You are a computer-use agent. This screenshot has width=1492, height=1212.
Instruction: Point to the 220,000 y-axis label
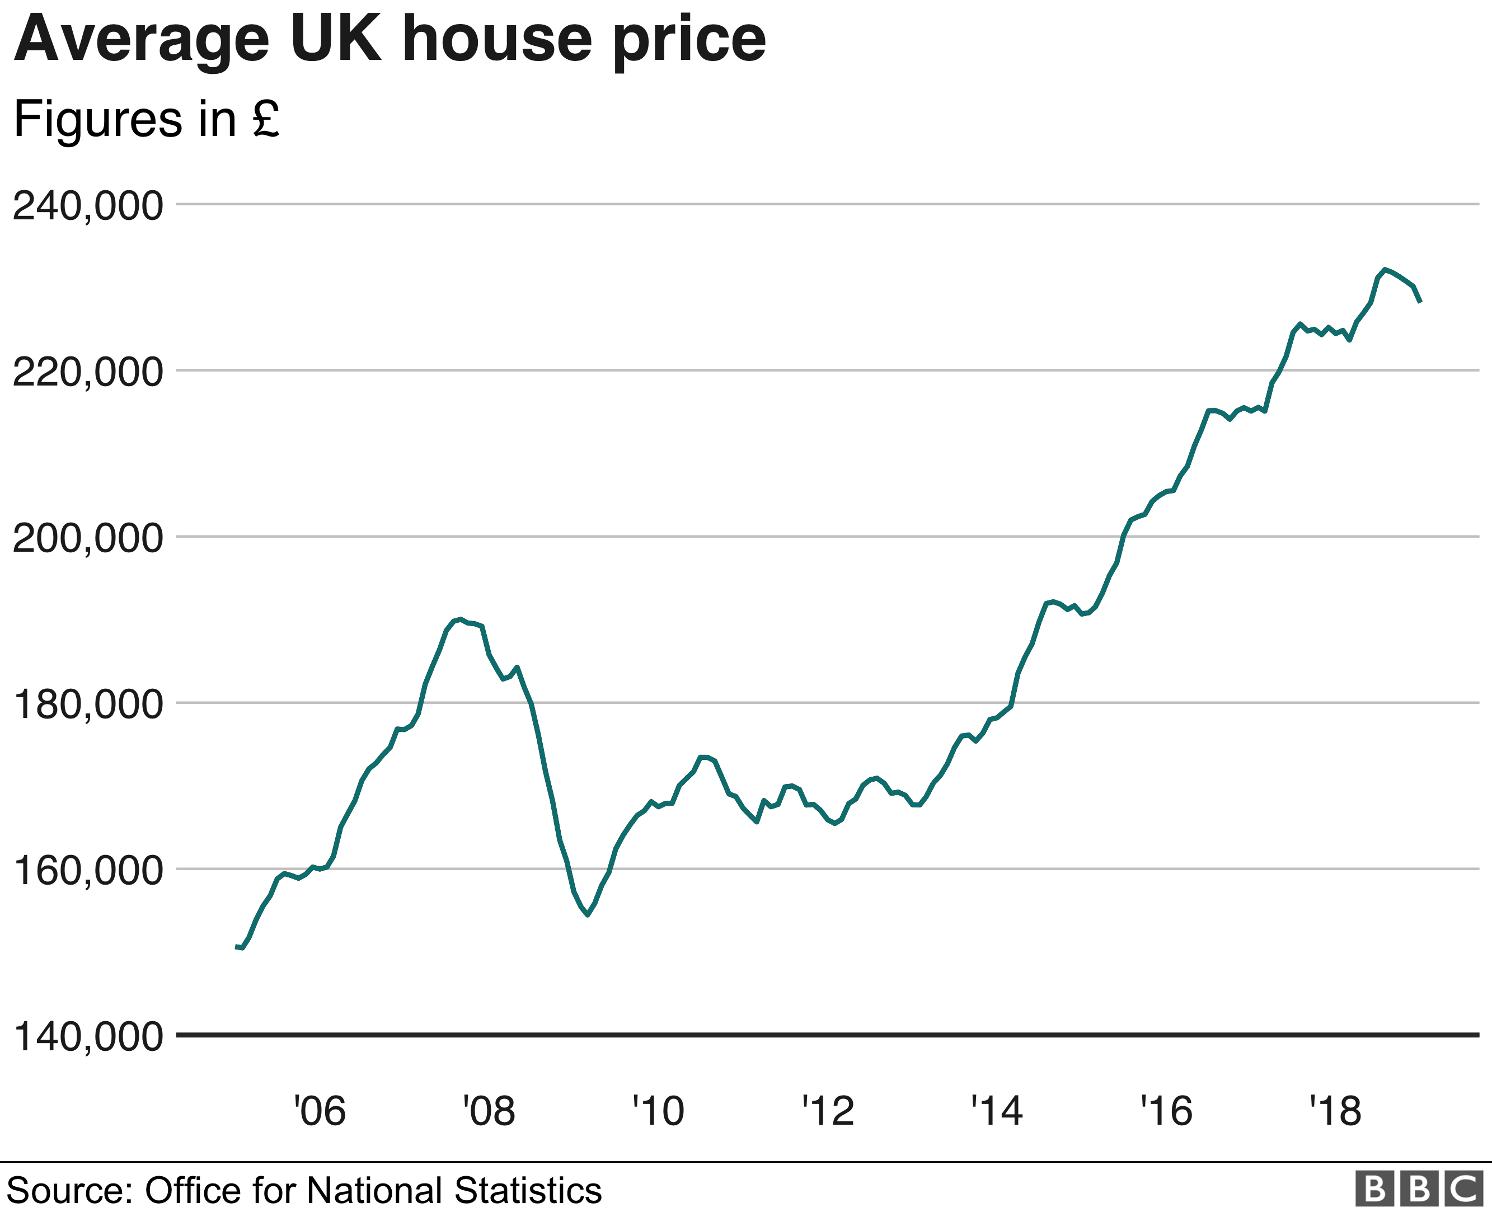88,372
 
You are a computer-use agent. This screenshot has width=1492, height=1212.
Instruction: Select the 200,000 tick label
88,538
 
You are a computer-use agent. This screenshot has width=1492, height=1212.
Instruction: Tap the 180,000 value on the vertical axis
88,704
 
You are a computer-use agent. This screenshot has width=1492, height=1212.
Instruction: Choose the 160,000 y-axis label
88,871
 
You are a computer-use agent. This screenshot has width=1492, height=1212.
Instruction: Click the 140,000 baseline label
88,1037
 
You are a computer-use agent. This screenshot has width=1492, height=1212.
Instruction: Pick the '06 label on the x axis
320,1111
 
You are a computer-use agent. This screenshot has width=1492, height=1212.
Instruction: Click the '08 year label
489,1111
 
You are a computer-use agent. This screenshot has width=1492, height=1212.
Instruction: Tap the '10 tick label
658,1111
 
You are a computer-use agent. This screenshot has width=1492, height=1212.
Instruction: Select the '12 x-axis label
828,1111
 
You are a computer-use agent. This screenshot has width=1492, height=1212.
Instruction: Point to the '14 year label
997,1111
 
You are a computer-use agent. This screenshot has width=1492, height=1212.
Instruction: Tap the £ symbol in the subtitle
266,119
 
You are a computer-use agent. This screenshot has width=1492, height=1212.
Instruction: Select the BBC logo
1419,1189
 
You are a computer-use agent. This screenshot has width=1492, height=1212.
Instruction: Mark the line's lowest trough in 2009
588,914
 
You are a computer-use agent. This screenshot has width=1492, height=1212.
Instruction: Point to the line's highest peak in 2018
1385,269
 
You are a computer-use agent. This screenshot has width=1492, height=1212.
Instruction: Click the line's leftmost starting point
237,947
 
